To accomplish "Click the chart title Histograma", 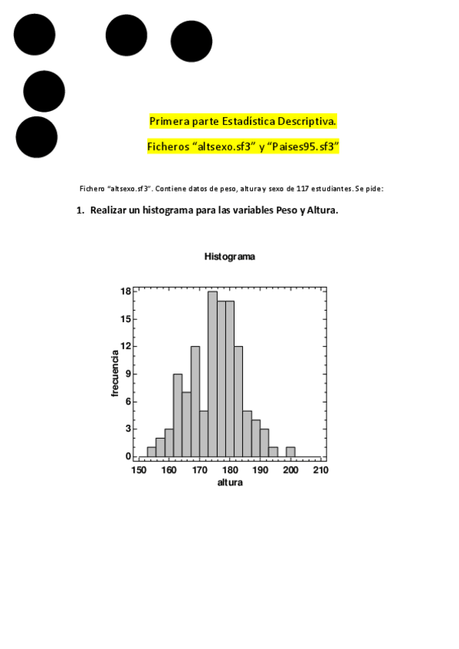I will (230, 257).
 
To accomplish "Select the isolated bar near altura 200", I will (290, 452).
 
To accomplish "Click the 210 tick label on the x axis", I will (320, 469).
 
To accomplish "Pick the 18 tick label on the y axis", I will (126, 291).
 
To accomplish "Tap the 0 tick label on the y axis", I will (129, 456).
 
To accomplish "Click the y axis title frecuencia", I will (115, 373).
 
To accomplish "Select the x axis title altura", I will (230, 482).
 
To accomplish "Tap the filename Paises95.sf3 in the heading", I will (307, 145).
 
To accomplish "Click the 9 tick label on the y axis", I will (129, 373).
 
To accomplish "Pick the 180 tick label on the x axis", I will (230, 469).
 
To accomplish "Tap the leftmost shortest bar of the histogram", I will (151, 452).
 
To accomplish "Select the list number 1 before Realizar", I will (80, 210).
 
